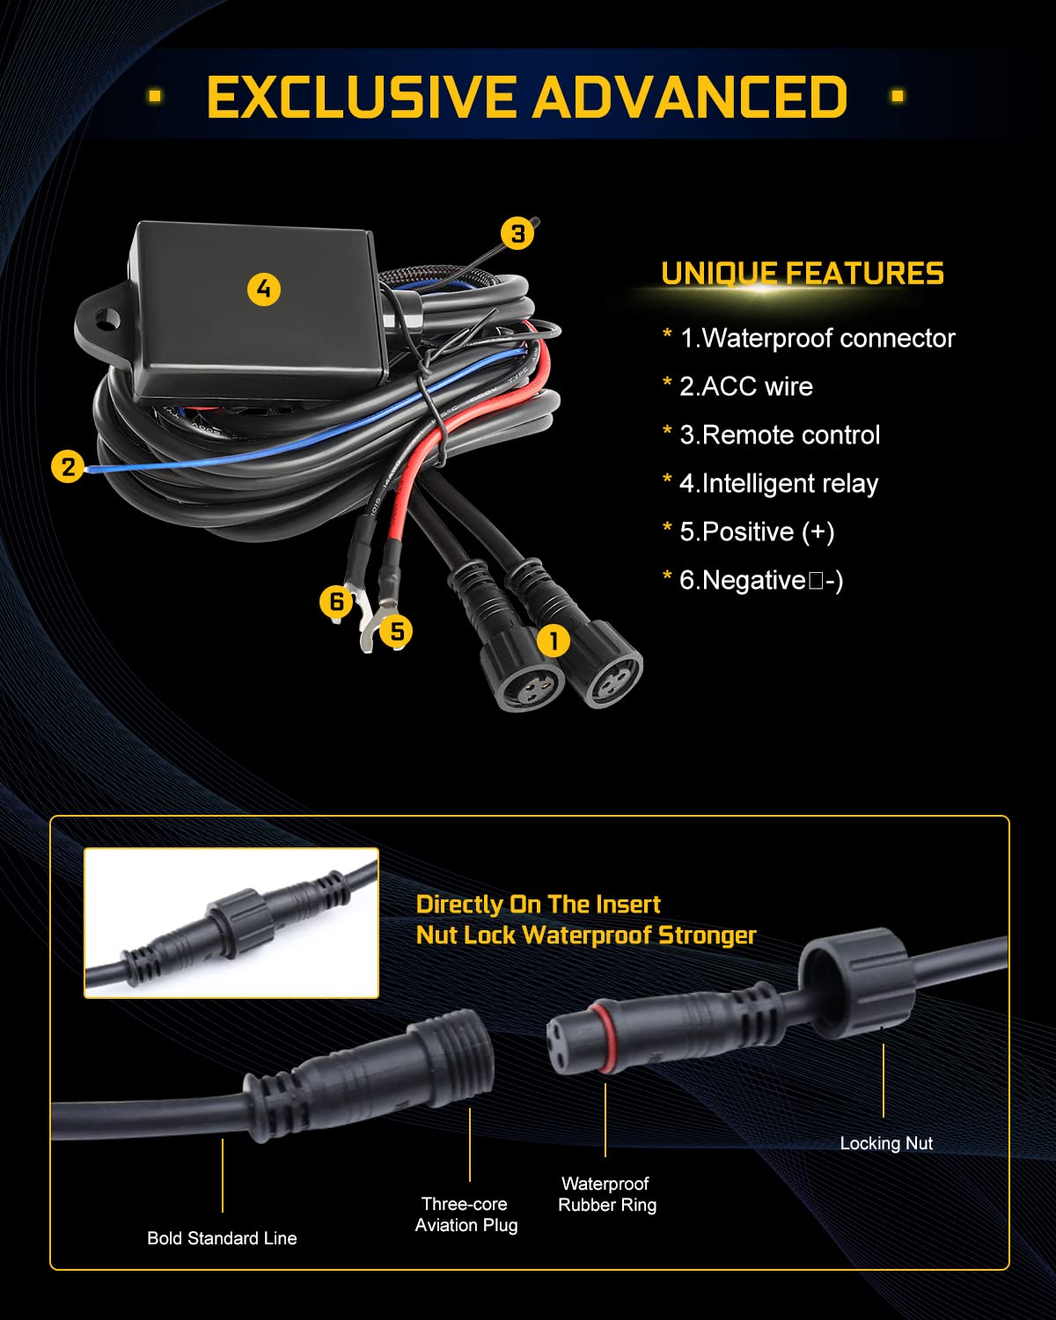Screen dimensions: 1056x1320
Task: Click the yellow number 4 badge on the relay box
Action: [264, 289]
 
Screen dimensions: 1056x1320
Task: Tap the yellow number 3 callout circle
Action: [517, 233]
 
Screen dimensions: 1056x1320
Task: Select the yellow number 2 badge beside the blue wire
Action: [68, 466]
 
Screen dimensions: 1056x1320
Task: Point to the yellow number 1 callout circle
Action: [554, 641]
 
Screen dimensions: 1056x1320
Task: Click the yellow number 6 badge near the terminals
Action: [337, 601]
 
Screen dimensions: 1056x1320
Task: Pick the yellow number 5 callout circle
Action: [396, 631]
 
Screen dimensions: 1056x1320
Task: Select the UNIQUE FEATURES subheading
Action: [803, 273]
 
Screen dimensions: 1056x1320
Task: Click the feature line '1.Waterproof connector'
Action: [818, 338]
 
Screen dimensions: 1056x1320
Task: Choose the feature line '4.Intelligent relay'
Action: [779, 483]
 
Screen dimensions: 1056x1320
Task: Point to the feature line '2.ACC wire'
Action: [746, 386]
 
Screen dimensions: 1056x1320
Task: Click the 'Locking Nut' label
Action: [886, 1143]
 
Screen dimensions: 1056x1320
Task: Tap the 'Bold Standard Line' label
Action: [222, 1238]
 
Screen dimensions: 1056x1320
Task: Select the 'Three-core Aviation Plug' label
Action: [466, 1214]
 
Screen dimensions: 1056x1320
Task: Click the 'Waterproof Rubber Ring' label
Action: [607, 1194]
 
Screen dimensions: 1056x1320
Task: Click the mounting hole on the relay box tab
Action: [108, 318]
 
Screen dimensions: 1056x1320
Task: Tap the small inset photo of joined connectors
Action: [231, 923]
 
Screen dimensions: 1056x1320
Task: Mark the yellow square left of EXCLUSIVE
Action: [155, 96]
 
